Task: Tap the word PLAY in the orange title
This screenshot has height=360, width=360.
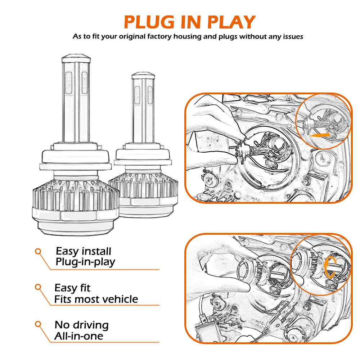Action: (231, 22)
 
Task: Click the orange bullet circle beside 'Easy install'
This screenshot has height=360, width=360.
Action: (38, 251)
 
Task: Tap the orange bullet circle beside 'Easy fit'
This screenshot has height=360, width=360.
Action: (38, 287)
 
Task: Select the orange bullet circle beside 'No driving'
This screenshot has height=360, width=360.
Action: (38, 324)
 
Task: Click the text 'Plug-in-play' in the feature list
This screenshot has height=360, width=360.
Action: (85, 262)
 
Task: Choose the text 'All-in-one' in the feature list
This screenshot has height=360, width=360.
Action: (79, 336)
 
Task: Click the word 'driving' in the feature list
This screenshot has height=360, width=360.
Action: (91, 325)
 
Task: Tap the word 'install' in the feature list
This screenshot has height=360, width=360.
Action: (96, 251)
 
